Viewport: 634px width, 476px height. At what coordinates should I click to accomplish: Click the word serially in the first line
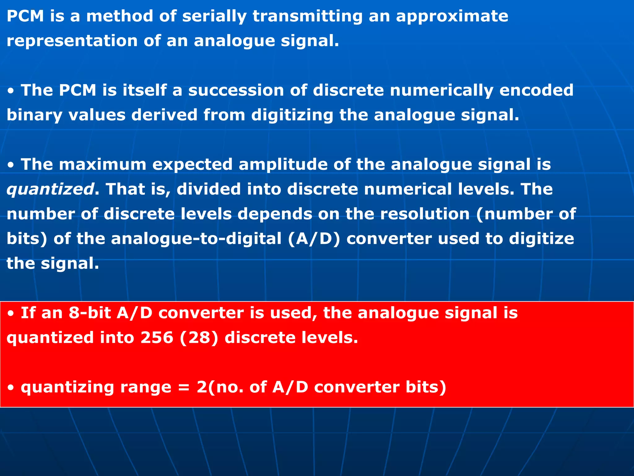point(214,16)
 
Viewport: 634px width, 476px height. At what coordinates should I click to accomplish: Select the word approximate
point(452,16)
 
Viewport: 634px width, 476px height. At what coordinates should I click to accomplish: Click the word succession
point(236,90)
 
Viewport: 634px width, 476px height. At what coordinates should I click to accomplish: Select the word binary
point(34,115)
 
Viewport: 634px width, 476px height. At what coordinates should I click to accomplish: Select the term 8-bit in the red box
point(90,313)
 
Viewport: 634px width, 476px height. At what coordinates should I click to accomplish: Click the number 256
point(157,337)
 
